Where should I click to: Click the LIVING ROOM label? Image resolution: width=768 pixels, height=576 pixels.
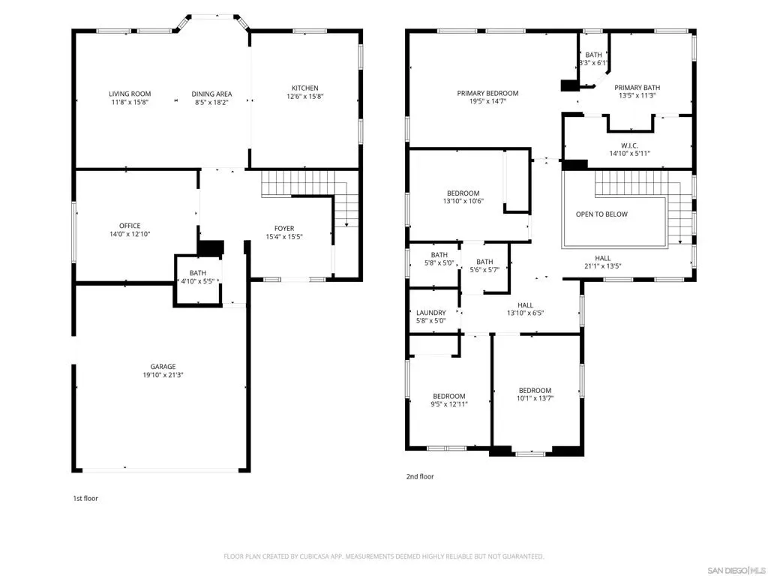click(130, 94)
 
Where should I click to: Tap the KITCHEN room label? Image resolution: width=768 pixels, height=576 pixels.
click(305, 88)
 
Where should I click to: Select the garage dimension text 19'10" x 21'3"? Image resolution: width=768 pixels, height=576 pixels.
click(163, 375)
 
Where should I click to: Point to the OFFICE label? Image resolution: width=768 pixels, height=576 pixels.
click(130, 226)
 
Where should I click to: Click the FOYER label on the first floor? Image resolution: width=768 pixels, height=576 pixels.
click(284, 228)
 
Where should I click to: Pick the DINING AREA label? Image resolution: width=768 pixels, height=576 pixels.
click(211, 94)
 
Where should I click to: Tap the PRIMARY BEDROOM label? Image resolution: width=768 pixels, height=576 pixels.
click(487, 93)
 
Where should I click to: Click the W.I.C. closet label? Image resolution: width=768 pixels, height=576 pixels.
click(629, 145)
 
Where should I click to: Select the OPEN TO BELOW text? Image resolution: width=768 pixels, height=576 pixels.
click(601, 214)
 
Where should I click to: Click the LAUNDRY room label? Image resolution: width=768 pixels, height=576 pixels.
click(431, 313)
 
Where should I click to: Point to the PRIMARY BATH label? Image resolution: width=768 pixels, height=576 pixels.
click(637, 87)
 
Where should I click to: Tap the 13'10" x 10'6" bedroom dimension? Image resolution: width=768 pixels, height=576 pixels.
click(463, 201)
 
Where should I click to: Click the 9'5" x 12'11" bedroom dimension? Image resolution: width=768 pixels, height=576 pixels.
click(449, 404)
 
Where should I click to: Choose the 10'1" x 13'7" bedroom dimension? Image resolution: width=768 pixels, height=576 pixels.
click(535, 398)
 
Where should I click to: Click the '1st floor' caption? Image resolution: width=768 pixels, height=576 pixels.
click(85, 498)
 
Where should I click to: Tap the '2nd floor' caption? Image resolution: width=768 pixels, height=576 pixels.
click(420, 476)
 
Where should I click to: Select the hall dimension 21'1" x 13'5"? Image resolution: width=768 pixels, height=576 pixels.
click(602, 266)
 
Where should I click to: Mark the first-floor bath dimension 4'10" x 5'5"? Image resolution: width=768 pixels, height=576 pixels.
click(197, 281)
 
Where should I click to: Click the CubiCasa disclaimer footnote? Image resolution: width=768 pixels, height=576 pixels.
click(383, 556)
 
